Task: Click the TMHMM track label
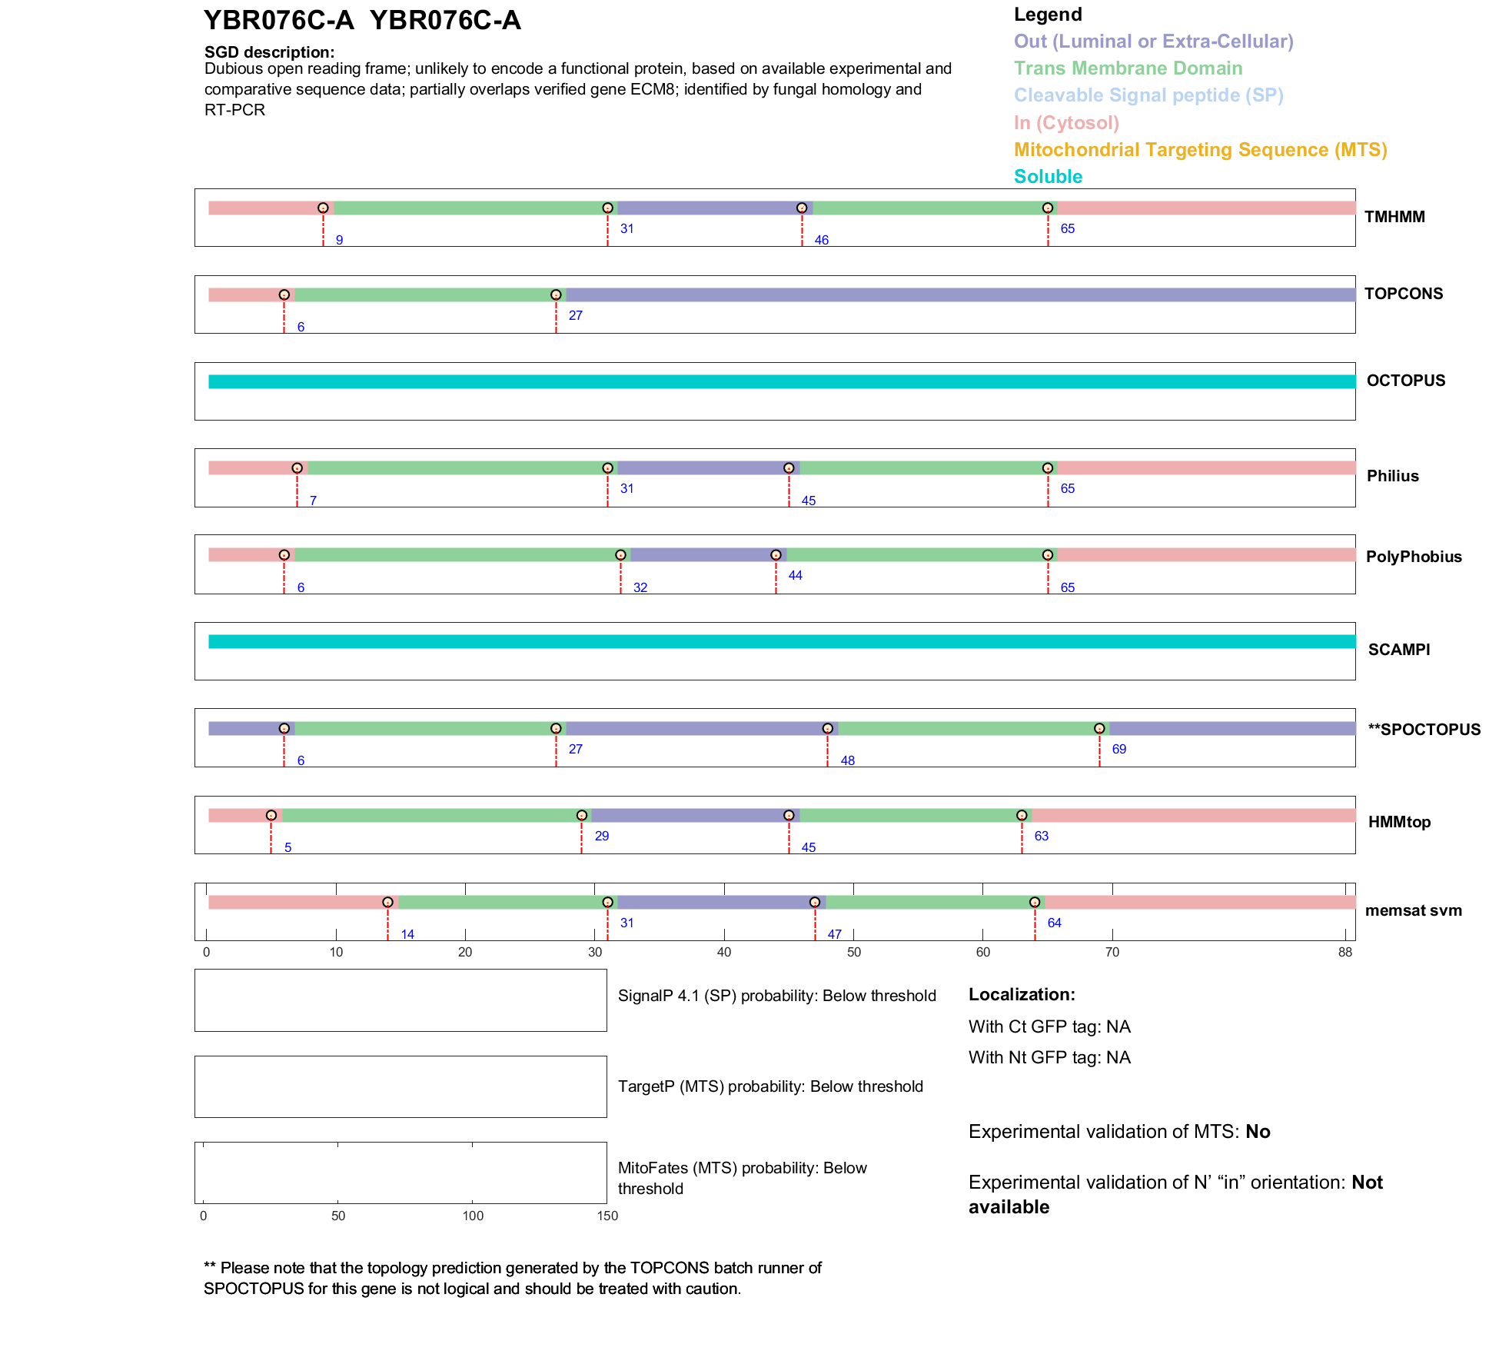click(1394, 217)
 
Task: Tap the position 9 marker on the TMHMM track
click(323, 208)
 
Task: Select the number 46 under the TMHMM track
click(821, 240)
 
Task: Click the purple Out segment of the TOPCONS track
click(961, 295)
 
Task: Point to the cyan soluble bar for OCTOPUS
click(782, 382)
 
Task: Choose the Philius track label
click(1392, 476)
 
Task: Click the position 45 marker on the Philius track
click(789, 468)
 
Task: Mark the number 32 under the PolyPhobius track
click(640, 587)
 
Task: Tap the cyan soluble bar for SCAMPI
click(782, 642)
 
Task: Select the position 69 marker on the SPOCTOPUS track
click(1099, 729)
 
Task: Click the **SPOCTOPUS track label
click(1424, 730)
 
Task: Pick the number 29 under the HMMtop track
click(602, 836)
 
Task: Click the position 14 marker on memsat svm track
click(387, 903)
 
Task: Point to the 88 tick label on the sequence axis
click(1344, 953)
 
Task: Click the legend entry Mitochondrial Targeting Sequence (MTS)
click(1200, 150)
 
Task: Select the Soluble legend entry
click(1048, 177)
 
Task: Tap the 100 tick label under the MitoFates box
click(473, 1216)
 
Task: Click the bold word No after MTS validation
click(1258, 1132)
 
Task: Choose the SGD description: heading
click(269, 52)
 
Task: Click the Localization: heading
click(1022, 995)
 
